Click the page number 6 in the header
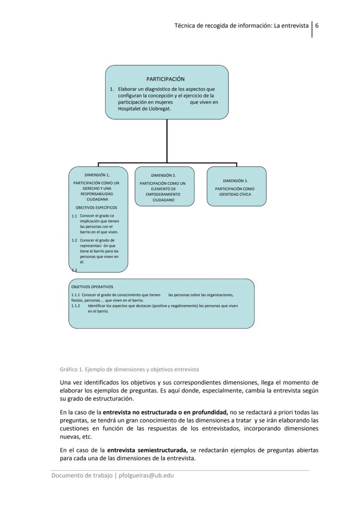[x=317, y=25]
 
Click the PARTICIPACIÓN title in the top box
[x=165, y=79]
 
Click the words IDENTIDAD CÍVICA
[x=235, y=194]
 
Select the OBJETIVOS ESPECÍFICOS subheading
[x=96, y=207]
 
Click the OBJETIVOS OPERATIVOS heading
[x=92, y=286]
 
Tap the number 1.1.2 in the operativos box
[x=76, y=306]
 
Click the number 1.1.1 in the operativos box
[x=76, y=295]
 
